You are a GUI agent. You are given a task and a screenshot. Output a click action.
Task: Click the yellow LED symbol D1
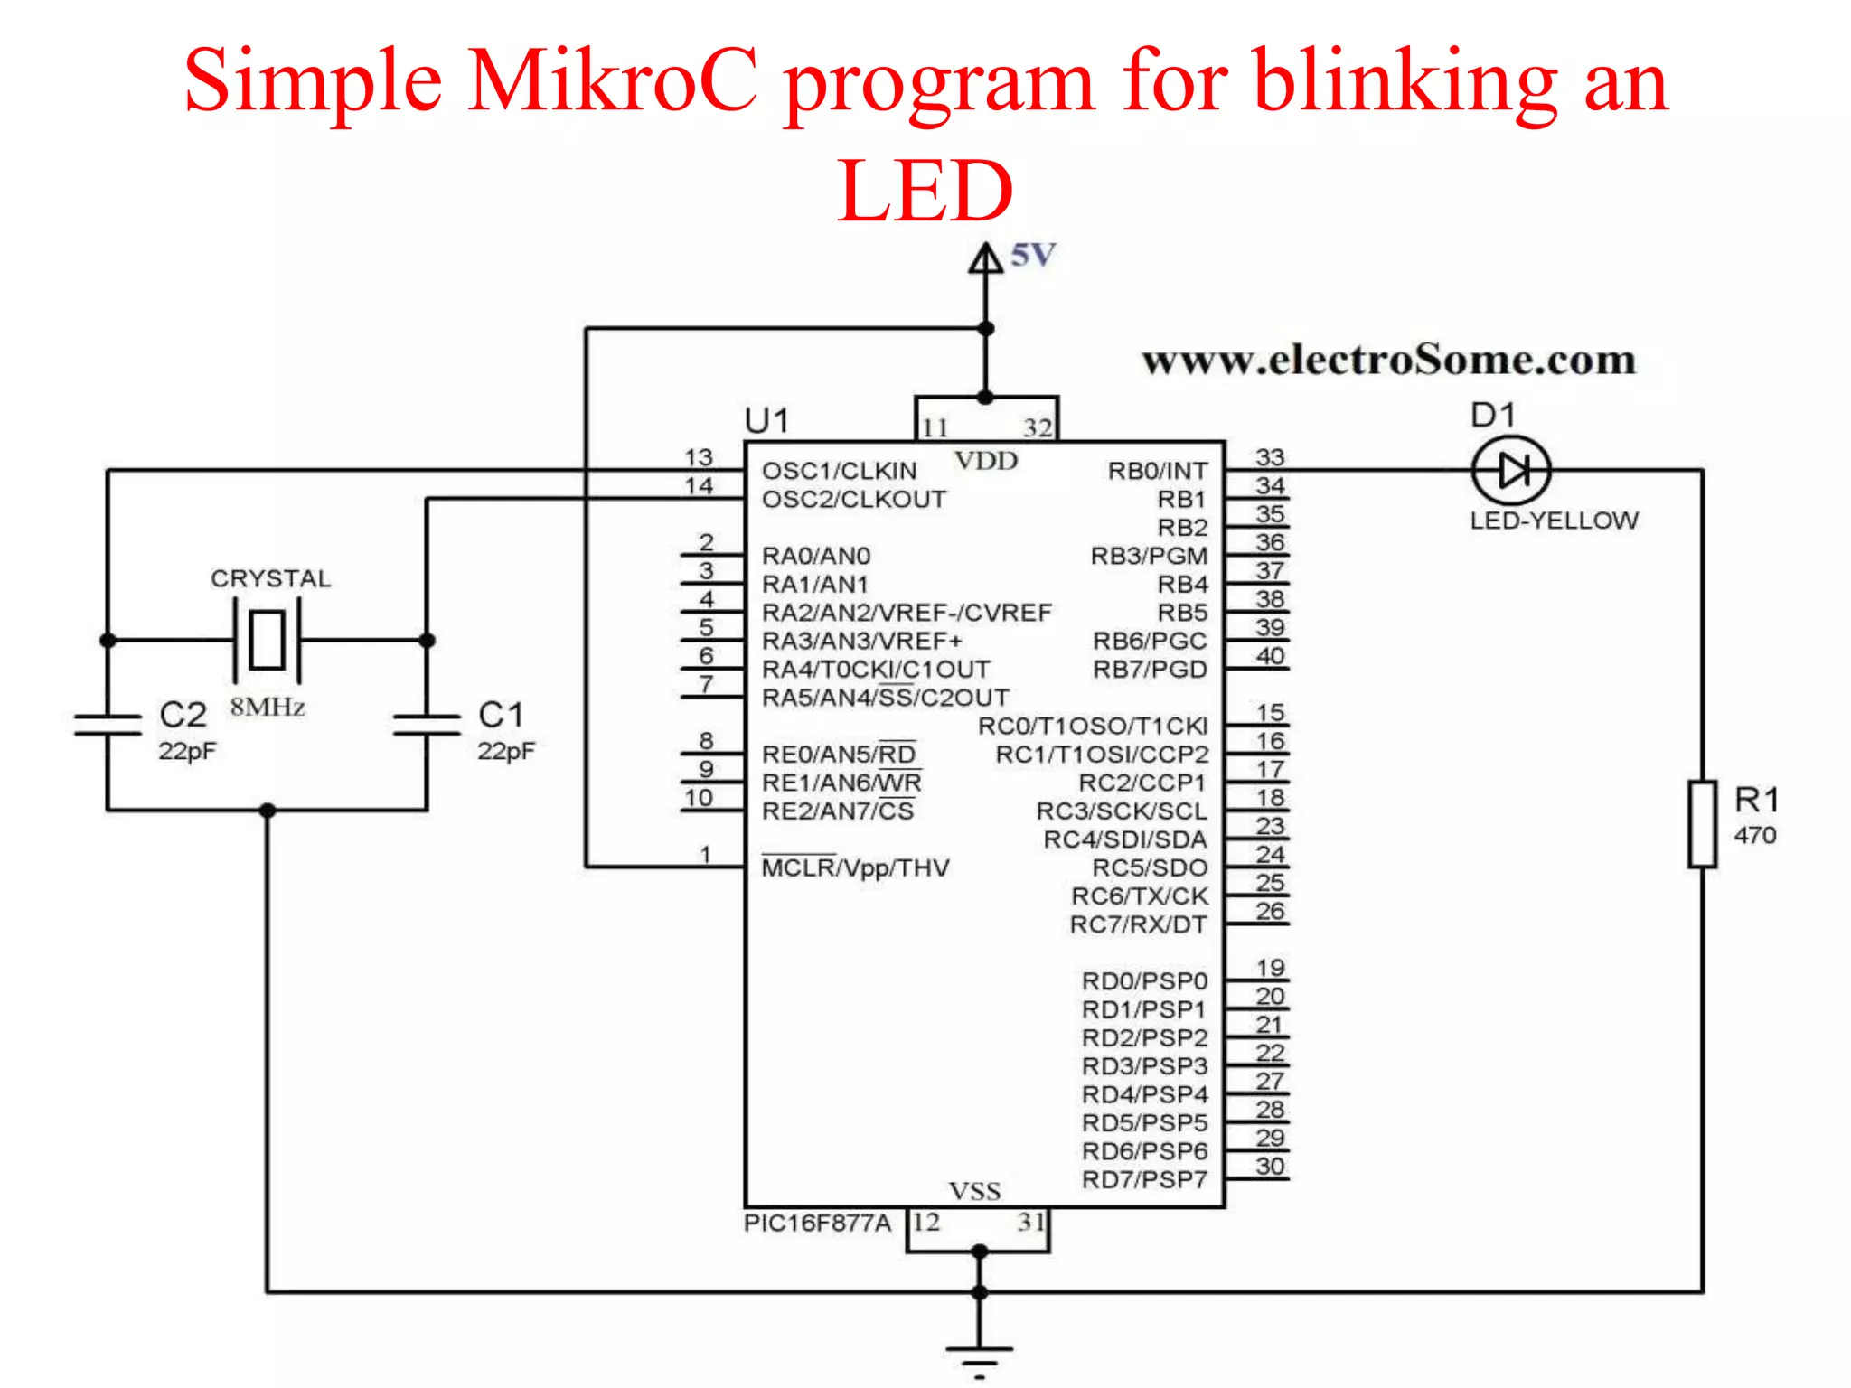point(1510,471)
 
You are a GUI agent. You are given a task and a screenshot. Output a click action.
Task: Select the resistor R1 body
point(1703,824)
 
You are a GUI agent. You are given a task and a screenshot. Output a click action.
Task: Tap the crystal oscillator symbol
point(267,640)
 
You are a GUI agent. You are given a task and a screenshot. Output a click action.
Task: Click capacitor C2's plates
point(108,724)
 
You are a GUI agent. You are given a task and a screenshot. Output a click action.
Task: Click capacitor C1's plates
point(427,724)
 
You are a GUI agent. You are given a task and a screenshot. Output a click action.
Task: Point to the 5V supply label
point(1032,256)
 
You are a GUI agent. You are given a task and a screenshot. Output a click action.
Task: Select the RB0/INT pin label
point(1157,471)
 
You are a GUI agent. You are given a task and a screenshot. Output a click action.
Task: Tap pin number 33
point(1269,457)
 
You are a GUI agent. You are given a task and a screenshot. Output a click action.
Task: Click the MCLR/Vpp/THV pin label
point(855,867)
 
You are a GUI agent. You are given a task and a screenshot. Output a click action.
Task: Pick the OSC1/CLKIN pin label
point(839,471)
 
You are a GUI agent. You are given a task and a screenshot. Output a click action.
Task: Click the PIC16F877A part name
point(817,1224)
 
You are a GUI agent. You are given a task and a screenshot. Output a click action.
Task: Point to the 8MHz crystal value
point(267,707)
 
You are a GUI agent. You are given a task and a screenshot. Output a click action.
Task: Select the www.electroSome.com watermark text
point(1388,360)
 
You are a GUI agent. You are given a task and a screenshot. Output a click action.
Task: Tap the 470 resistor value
point(1754,835)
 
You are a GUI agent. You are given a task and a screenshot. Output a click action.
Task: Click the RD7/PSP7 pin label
point(1144,1179)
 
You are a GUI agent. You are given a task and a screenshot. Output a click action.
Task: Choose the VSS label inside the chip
point(974,1191)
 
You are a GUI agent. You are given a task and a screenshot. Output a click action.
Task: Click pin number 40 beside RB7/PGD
point(1269,656)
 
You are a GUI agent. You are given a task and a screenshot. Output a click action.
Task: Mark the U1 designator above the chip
point(766,421)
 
